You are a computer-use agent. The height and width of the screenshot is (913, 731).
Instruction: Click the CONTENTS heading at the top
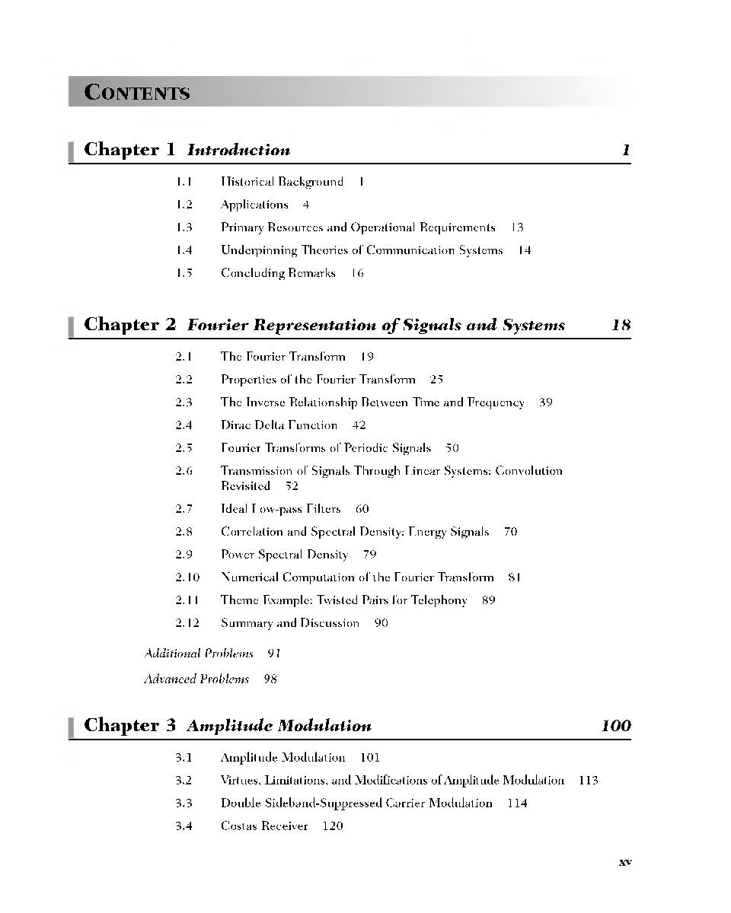pyautogui.click(x=137, y=93)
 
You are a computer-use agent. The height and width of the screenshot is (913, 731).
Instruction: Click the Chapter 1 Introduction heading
pyautogui.click(x=187, y=150)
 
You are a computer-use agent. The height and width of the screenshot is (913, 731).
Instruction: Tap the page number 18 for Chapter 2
pyautogui.click(x=621, y=325)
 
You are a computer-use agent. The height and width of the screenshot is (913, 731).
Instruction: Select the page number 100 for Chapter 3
pyautogui.click(x=615, y=725)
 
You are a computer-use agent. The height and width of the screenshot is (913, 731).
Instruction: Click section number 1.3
pyautogui.click(x=184, y=227)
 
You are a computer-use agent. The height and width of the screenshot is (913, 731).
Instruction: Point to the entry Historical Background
pyautogui.click(x=282, y=182)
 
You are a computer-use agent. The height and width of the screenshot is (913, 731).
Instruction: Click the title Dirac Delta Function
pyautogui.click(x=279, y=425)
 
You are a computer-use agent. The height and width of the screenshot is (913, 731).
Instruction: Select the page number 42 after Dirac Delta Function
pyautogui.click(x=359, y=425)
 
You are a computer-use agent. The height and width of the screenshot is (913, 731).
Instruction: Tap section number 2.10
pyautogui.click(x=187, y=577)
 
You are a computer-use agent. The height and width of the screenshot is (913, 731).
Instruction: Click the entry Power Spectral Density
pyautogui.click(x=284, y=555)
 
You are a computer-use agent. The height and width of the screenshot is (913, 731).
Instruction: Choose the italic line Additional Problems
pyautogui.click(x=199, y=654)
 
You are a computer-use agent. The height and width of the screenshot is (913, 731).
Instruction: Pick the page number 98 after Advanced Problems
pyautogui.click(x=270, y=679)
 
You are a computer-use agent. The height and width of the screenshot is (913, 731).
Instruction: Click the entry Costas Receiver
pyautogui.click(x=264, y=826)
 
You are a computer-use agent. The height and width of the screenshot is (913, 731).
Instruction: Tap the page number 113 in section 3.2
pyautogui.click(x=588, y=780)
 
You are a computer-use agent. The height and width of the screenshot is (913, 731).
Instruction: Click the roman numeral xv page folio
pyautogui.click(x=625, y=862)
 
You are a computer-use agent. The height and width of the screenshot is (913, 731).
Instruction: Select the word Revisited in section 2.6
pyautogui.click(x=245, y=486)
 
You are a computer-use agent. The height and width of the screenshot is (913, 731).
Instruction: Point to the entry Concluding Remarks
pyautogui.click(x=278, y=273)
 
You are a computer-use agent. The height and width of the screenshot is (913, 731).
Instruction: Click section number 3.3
pyautogui.click(x=184, y=803)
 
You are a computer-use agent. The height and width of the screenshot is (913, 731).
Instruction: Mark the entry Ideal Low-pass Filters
pyautogui.click(x=280, y=509)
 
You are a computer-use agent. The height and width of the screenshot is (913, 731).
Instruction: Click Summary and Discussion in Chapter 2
pyautogui.click(x=289, y=623)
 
